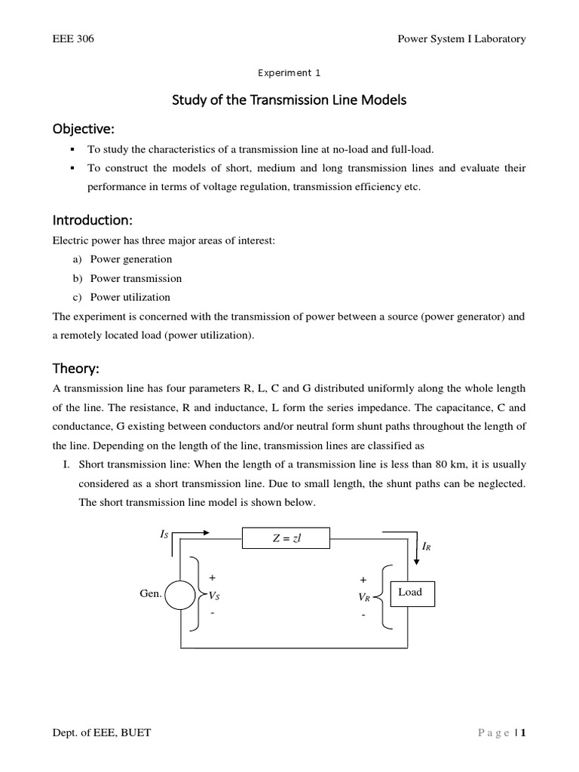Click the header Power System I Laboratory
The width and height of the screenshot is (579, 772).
click(461, 38)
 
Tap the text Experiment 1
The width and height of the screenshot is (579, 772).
click(289, 73)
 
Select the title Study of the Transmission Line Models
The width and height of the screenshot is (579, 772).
click(289, 100)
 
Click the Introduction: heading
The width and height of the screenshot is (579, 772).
click(92, 220)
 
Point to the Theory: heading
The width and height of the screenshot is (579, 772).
click(75, 369)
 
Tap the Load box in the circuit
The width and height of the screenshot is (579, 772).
click(410, 593)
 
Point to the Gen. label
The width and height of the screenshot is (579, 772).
click(152, 594)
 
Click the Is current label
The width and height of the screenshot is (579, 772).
click(164, 534)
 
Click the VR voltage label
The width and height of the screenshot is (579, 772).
click(364, 597)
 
